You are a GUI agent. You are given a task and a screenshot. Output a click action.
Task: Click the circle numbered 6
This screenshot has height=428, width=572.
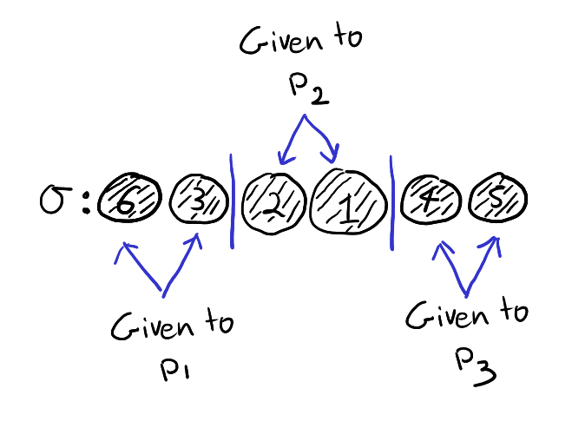tap(128, 202)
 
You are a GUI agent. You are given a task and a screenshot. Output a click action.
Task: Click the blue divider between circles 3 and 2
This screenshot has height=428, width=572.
tap(232, 201)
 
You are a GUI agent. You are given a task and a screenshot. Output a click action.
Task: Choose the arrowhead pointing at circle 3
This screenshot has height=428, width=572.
tap(197, 238)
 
